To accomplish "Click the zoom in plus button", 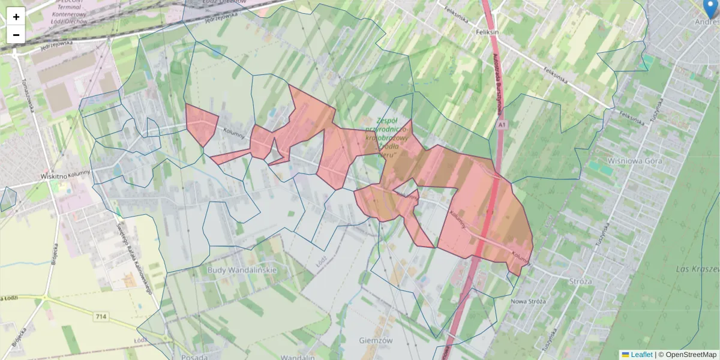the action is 16,17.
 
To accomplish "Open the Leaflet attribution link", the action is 641,355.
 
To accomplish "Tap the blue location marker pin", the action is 712,7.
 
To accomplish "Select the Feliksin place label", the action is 487,31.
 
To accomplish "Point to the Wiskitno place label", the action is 53,176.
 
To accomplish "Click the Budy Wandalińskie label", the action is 242,270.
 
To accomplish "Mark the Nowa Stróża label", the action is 528,301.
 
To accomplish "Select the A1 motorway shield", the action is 502,125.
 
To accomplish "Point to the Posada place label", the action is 190,357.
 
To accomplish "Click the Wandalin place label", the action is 298,357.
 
